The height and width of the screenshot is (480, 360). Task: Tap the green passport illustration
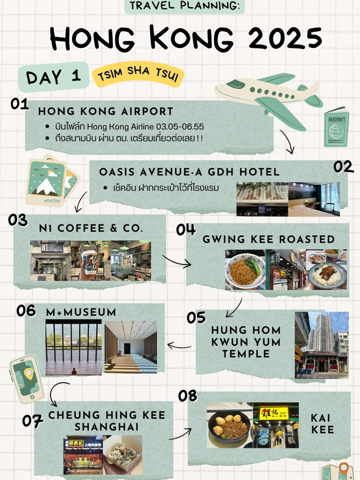(x=336, y=127)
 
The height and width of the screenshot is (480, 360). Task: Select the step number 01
(x=20, y=104)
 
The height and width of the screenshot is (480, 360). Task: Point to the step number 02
(x=343, y=167)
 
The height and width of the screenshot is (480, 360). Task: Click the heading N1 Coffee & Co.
(x=91, y=228)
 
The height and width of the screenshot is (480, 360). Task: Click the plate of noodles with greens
(x=245, y=270)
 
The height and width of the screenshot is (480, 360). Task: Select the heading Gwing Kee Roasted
(x=268, y=239)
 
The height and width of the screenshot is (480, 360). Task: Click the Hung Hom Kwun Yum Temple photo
(x=321, y=345)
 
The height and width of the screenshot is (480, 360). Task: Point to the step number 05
(x=196, y=317)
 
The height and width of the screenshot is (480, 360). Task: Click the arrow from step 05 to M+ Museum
(x=179, y=346)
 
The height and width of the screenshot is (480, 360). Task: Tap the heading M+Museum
(x=81, y=312)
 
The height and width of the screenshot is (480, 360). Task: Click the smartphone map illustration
(x=26, y=379)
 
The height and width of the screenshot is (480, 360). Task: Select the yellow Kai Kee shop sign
(x=274, y=413)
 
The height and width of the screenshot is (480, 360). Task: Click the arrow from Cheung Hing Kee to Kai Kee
(x=181, y=434)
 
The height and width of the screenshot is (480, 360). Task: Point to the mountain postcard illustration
(x=52, y=181)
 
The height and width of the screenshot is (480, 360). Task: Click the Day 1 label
(x=53, y=77)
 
